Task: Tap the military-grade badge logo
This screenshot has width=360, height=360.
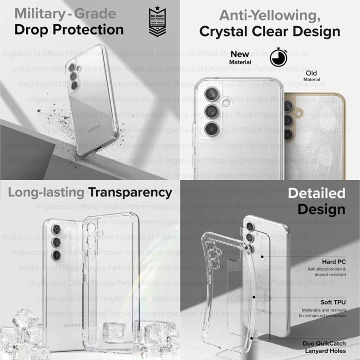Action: [157, 21]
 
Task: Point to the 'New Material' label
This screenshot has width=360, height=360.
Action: [240, 58]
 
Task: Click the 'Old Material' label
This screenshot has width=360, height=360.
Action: [312, 76]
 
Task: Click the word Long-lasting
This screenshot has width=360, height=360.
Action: [45, 192]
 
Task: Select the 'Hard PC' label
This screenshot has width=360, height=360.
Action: [333, 262]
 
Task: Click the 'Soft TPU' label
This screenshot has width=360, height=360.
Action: [332, 302]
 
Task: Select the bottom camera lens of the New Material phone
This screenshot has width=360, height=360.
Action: [211, 129]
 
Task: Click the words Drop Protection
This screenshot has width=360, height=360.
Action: [69, 29]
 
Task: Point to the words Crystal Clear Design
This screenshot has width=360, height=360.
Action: [269, 31]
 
